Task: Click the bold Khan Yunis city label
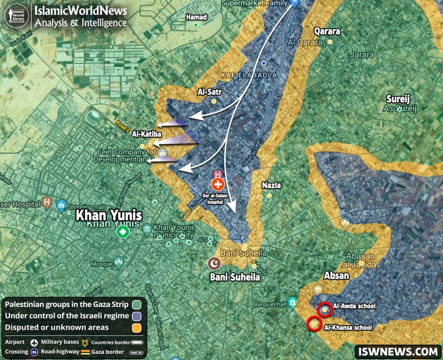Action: coord(109,215)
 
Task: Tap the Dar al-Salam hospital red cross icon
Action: coord(218,185)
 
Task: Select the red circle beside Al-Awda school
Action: coord(324,310)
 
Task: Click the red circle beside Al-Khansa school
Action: coord(314,324)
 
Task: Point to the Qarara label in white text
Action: coord(327,31)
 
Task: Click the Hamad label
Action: coord(196,17)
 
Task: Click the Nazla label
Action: coord(271,185)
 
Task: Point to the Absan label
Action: coord(336,276)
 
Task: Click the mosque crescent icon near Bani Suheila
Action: coord(213,264)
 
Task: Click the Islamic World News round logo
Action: coord(16,16)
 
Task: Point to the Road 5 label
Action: coord(124,127)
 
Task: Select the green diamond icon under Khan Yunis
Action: coord(122,232)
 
